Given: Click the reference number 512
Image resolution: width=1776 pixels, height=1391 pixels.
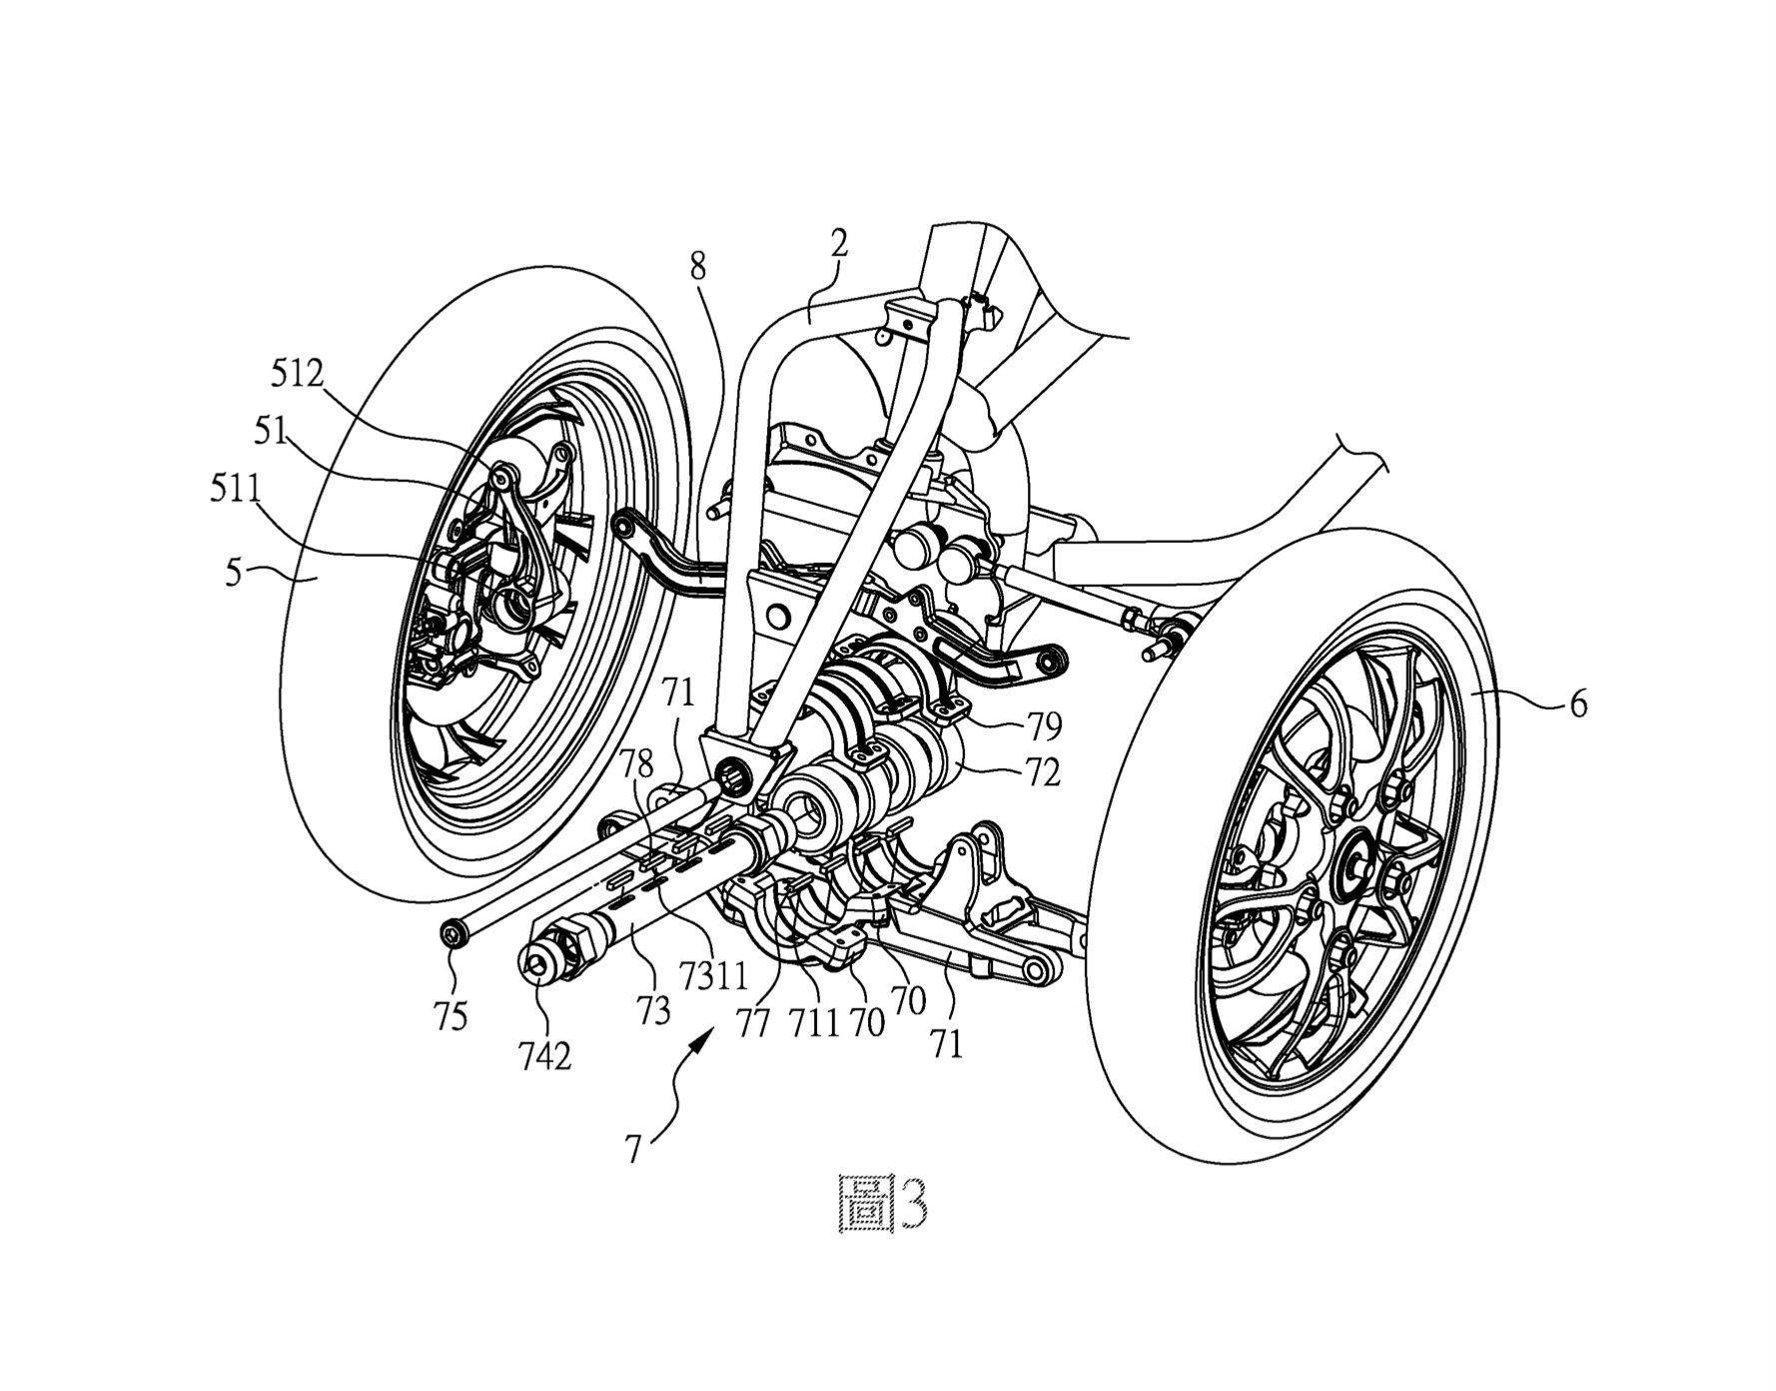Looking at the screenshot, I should tap(298, 375).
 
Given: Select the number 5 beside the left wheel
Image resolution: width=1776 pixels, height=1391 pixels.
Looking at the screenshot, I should tap(232, 575).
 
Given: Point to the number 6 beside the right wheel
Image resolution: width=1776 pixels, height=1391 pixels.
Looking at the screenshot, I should tap(1577, 704).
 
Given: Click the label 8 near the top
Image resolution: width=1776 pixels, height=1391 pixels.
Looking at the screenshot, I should tap(697, 266).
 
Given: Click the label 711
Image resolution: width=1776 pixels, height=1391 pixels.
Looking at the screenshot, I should tap(811, 1023).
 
